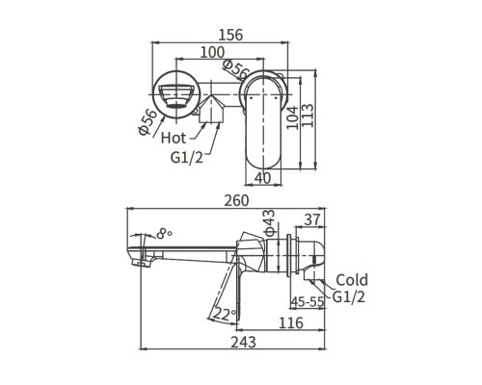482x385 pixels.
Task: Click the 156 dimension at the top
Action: pyautogui.click(x=229, y=35)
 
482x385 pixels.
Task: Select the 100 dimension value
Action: pyautogui.click(x=214, y=53)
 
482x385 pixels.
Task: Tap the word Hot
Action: pyautogui.click(x=175, y=138)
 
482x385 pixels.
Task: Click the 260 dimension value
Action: pyautogui.click(x=234, y=201)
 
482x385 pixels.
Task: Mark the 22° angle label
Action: pyautogui.click(x=223, y=314)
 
